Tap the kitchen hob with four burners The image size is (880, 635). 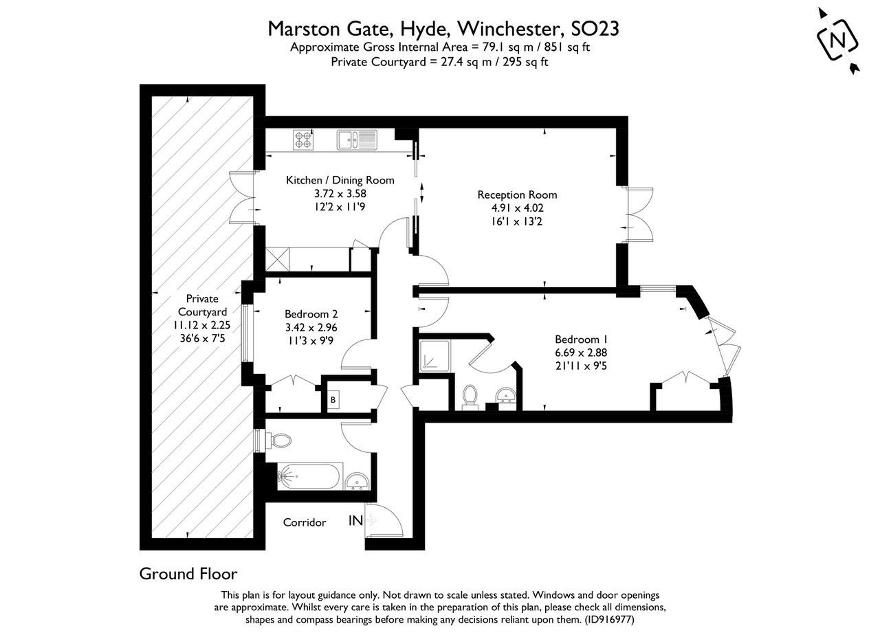[303, 140]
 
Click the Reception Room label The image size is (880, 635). [517, 194]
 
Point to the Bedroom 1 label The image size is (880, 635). [581, 339]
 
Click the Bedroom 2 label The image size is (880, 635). [312, 315]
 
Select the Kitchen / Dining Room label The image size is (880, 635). [340, 180]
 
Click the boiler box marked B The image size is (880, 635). [333, 399]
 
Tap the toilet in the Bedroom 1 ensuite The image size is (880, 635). [471, 397]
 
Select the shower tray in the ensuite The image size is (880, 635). [434, 355]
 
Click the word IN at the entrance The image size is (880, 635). [355, 522]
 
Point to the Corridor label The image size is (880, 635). [305, 523]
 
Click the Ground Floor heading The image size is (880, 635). [188, 573]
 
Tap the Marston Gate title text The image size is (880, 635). [443, 29]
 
